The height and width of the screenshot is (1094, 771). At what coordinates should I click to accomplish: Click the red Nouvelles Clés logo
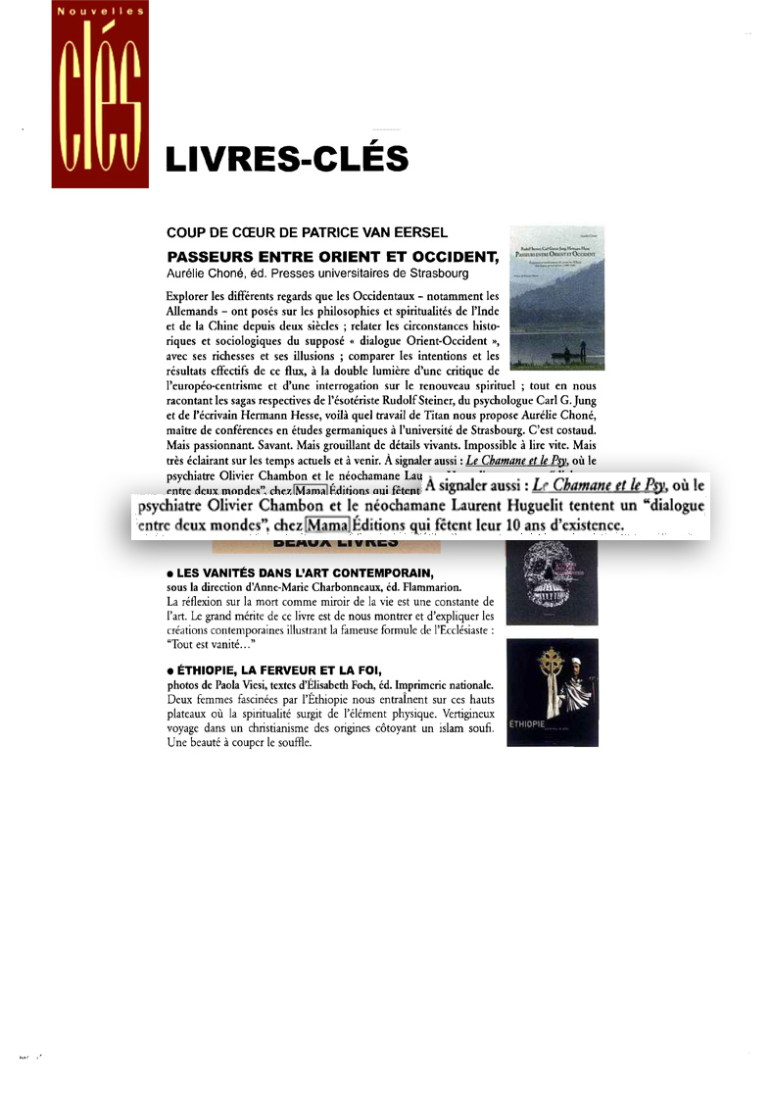tap(100, 95)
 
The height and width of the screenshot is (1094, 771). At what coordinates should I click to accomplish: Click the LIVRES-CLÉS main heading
tap(286, 158)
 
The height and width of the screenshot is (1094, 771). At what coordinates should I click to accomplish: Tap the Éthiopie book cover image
tap(552, 692)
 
